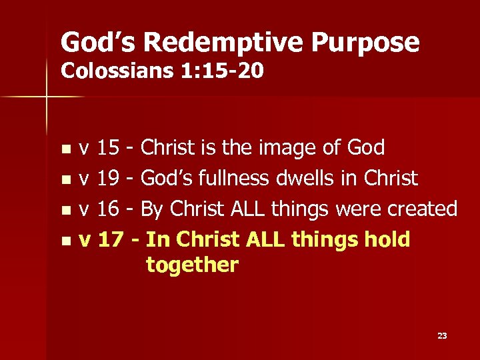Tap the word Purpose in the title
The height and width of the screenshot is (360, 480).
[367, 43]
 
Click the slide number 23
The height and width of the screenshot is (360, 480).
[442, 336]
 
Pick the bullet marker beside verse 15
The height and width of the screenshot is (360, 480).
[65, 149]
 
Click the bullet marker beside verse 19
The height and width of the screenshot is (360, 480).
[65, 179]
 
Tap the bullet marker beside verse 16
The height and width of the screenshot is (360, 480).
[65, 210]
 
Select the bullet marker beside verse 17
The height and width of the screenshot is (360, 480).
[65, 240]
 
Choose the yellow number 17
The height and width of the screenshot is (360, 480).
[109, 239]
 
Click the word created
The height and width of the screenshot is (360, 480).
[425, 209]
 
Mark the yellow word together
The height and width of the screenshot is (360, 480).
[192, 265]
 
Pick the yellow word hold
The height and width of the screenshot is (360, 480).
[387, 239]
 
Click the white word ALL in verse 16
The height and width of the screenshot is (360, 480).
[247, 209]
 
